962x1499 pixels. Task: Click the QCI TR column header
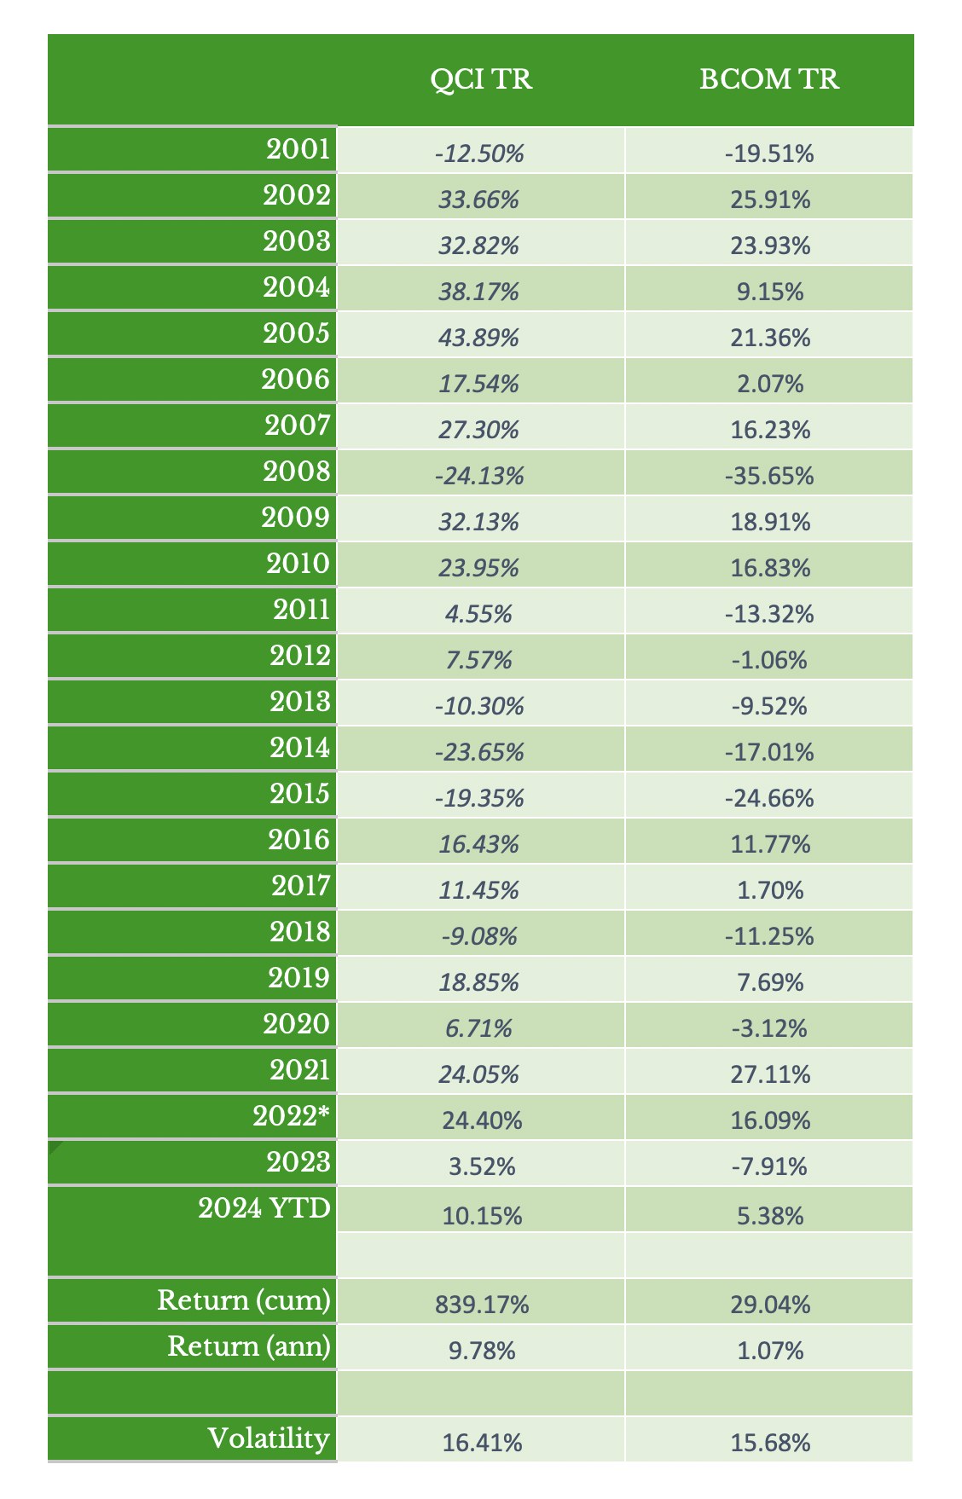pyautogui.click(x=481, y=79)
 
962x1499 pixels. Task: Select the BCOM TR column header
pyautogui.click(x=769, y=79)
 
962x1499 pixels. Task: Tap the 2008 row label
pyautogui.click(x=297, y=472)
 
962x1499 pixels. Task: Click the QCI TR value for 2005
pyautogui.click(x=478, y=338)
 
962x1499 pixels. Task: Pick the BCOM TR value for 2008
pyautogui.click(x=769, y=476)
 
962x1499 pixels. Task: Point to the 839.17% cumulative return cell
pyautogui.click(x=481, y=1305)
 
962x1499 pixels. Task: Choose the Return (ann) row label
pyautogui.click(x=248, y=1346)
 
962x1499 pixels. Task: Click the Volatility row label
pyautogui.click(x=268, y=1438)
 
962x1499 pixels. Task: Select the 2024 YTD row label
pyautogui.click(x=264, y=1208)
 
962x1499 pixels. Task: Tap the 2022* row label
pyautogui.click(x=291, y=1116)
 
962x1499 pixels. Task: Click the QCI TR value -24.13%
pyautogui.click(x=478, y=476)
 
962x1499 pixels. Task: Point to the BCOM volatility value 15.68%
pyautogui.click(x=769, y=1443)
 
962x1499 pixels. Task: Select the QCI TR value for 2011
pyautogui.click(x=478, y=614)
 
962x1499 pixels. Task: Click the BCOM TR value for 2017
pyautogui.click(x=769, y=890)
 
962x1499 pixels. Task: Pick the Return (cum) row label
pyautogui.click(x=243, y=1300)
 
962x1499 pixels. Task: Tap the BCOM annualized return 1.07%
pyautogui.click(x=769, y=1351)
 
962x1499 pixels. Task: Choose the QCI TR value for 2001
pyautogui.click(x=478, y=153)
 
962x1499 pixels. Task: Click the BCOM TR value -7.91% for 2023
pyautogui.click(x=769, y=1166)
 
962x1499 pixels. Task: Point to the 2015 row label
pyautogui.click(x=298, y=794)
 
